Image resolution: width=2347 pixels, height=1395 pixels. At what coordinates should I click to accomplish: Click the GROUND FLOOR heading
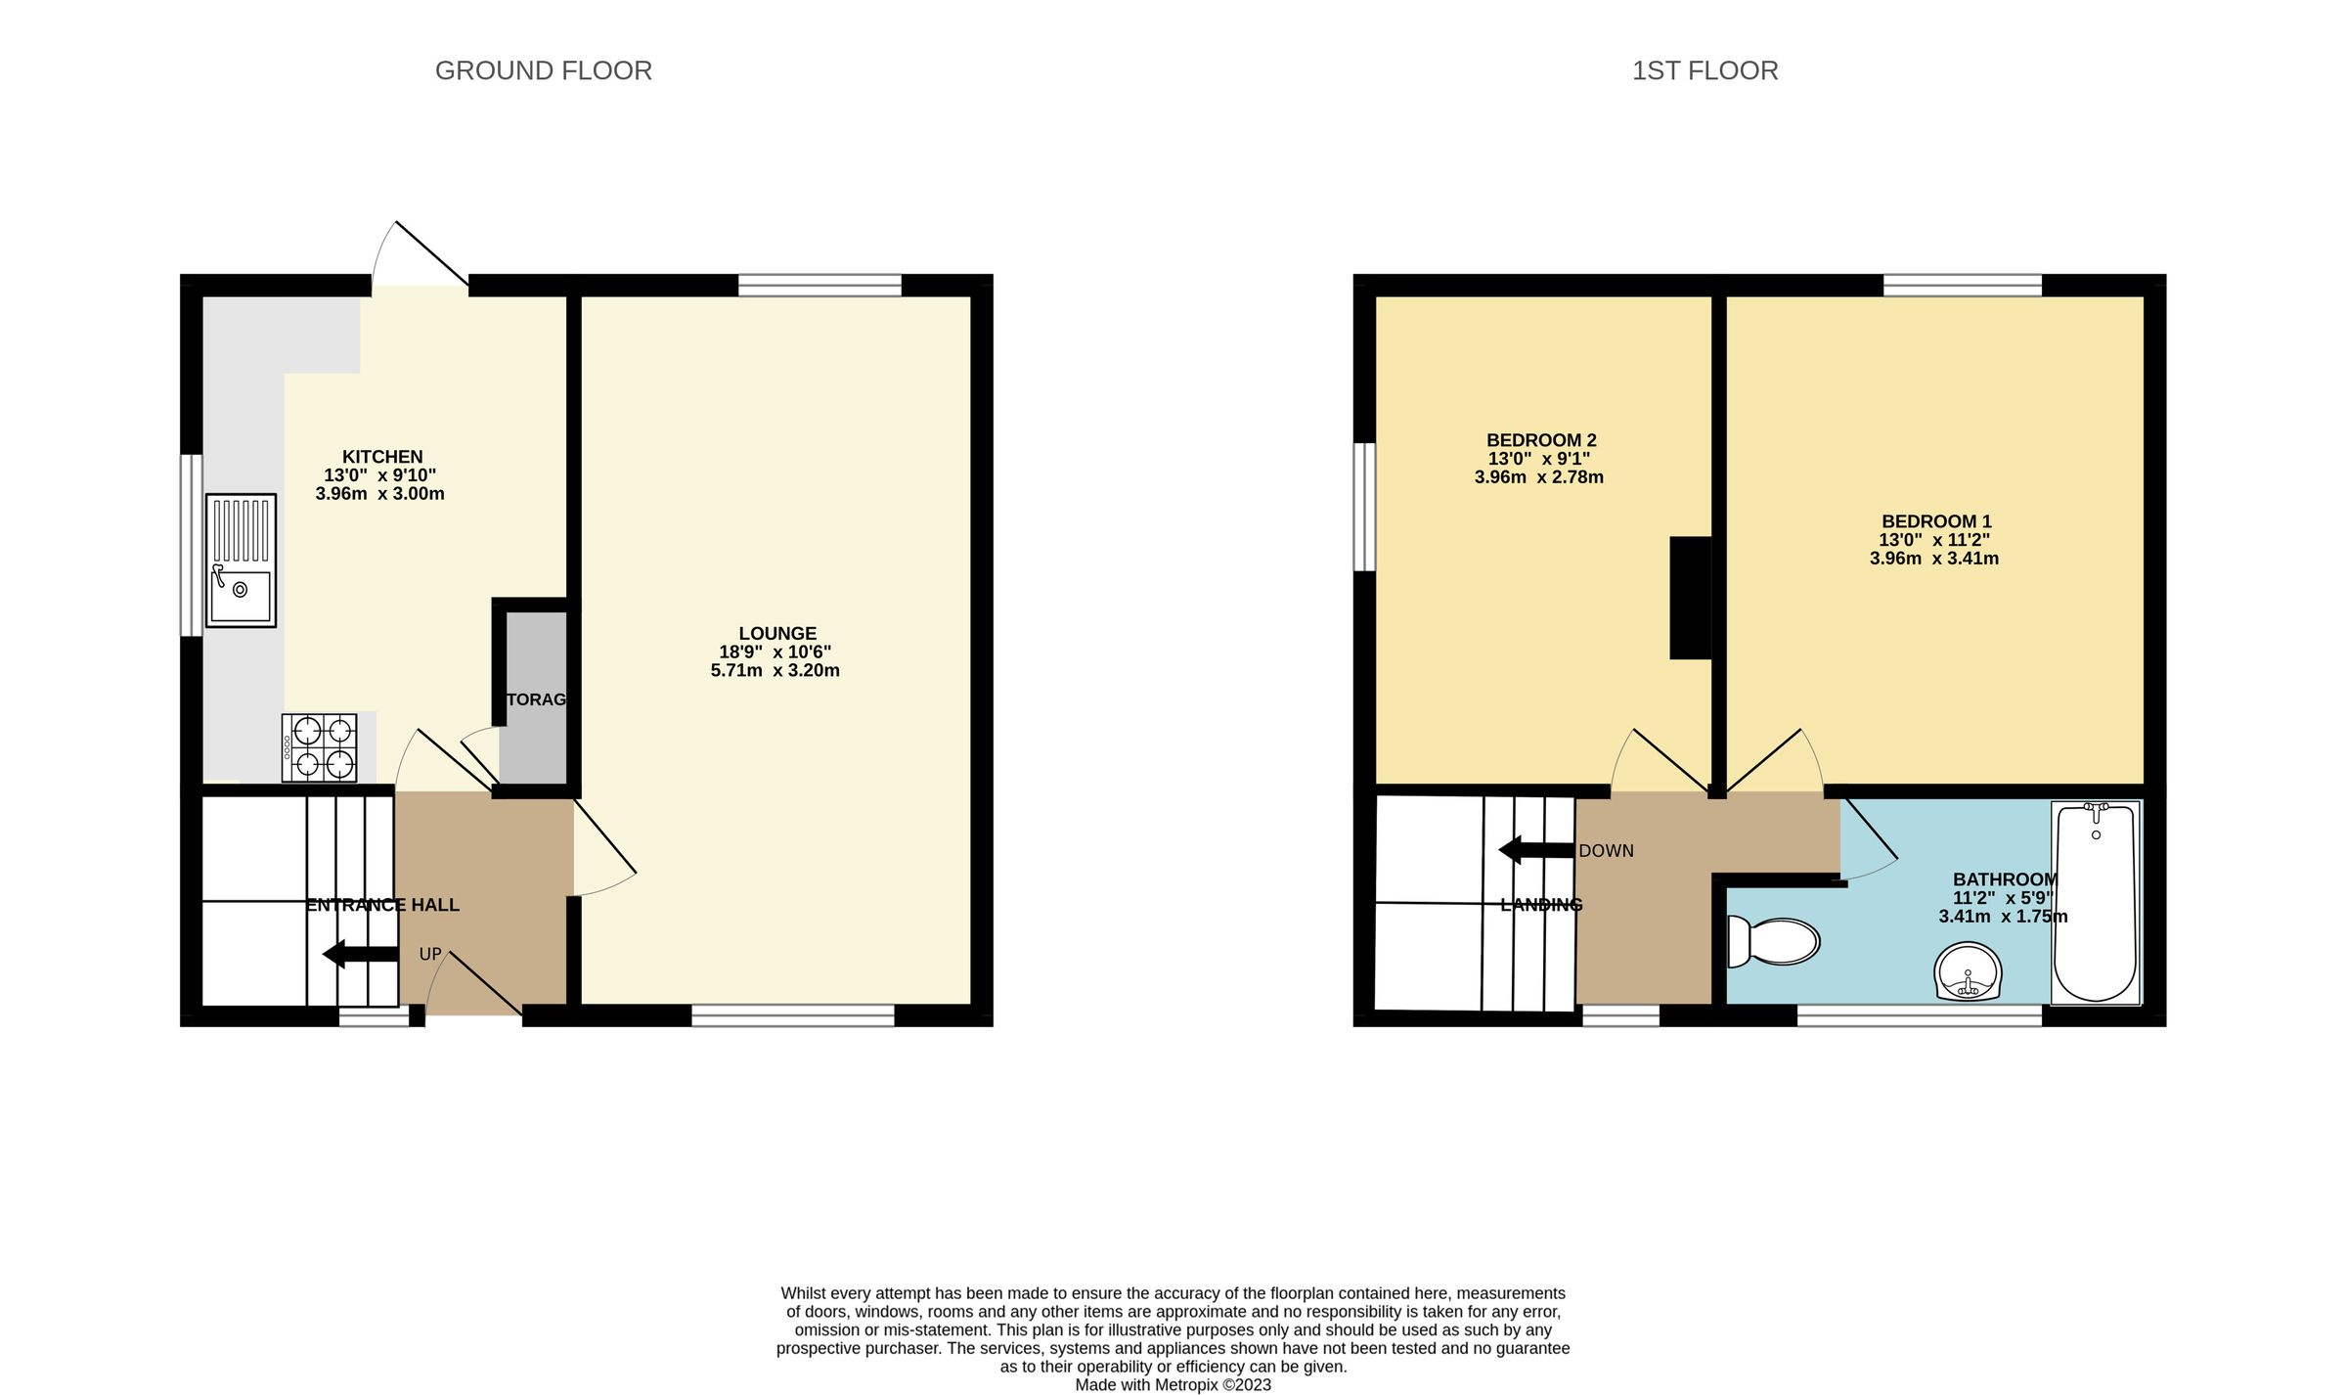coord(543,70)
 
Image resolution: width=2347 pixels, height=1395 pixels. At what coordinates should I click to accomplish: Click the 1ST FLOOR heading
coord(1705,70)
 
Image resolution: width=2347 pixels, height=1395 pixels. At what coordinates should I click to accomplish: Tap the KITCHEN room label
coord(382,457)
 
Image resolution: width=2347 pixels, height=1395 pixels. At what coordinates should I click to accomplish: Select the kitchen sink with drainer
coord(241,561)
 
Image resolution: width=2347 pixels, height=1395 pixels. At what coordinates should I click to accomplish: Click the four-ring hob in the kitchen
coord(320,747)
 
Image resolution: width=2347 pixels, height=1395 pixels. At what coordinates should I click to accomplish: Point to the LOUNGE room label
coord(777,634)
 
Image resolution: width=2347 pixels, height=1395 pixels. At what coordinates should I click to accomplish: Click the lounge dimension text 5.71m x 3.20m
coord(775,671)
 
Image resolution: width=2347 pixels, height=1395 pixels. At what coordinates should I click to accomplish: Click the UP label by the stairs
coord(430,954)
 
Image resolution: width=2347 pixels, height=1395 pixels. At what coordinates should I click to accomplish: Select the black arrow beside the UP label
coord(360,954)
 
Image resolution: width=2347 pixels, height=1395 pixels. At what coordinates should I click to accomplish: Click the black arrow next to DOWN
coord(1535,850)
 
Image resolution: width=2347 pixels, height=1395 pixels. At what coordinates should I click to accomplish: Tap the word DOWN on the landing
coord(1606,851)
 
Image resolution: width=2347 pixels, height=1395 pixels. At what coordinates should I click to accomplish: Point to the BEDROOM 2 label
coord(1541,441)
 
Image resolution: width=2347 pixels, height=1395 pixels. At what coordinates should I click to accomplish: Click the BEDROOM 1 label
coord(1936,521)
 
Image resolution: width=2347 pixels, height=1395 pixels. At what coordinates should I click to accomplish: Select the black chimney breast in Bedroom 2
coord(1691,598)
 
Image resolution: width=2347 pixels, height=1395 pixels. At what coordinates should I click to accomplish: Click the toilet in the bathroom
coord(1773,941)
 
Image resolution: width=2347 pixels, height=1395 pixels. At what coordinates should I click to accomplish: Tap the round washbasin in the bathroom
coord(1968,971)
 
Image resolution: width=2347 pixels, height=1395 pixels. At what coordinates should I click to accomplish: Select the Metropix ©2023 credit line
coord(1173,1384)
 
